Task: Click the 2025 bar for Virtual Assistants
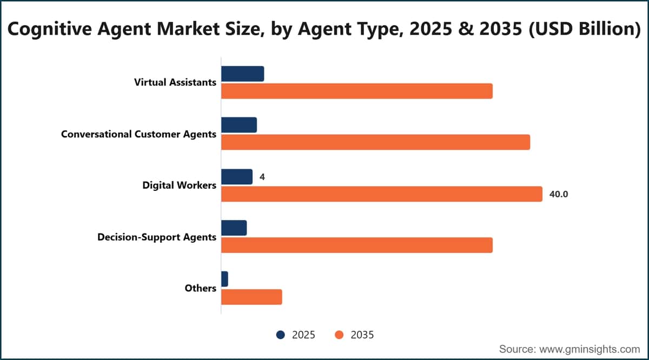(242, 74)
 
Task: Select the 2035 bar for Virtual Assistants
(357, 91)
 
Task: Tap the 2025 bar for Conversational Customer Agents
(239, 125)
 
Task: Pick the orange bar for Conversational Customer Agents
(376, 142)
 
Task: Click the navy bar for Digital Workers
(237, 177)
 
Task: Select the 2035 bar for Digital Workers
(382, 194)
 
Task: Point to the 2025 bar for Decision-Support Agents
(234, 228)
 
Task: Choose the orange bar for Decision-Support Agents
(357, 245)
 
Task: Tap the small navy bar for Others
(224, 279)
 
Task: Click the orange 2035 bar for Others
(251, 297)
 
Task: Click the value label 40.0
(559, 194)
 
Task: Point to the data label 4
(262, 177)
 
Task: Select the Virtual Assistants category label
(175, 82)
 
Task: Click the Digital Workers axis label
(180, 185)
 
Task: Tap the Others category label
(201, 288)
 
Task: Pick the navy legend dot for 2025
(281, 335)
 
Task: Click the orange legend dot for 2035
(339, 335)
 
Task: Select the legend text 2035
(362, 335)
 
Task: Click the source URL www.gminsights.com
(590, 349)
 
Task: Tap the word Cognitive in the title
(50, 29)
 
